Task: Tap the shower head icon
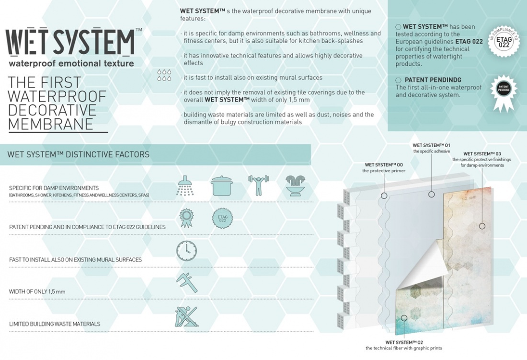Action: pyautogui.click(x=185, y=186)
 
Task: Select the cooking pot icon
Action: pyautogui.click(x=222, y=186)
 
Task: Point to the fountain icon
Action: pyautogui.click(x=295, y=186)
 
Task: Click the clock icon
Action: pyautogui.click(x=186, y=251)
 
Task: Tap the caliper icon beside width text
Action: pyautogui.click(x=186, y=282)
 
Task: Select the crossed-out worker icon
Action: pyautogui.click(x=186, y=316)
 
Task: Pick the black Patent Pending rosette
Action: pyautogui.click(x=503, y=91)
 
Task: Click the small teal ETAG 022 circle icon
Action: pyautogui.click(x=222, y=219)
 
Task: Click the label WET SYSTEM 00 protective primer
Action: pyautogui.click(x=384, y=168)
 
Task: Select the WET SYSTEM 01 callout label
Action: pyautogui.click(x=431, y=148)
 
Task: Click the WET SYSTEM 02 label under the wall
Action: pyautogui.click(x=404, y=345)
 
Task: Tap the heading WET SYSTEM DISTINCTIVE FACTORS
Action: pyautogui.click(x=79, y=154)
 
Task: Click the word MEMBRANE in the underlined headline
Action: pyautogui.click(x=50, y=124)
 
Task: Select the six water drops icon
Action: pyautogui.click(x=164, y=75)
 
